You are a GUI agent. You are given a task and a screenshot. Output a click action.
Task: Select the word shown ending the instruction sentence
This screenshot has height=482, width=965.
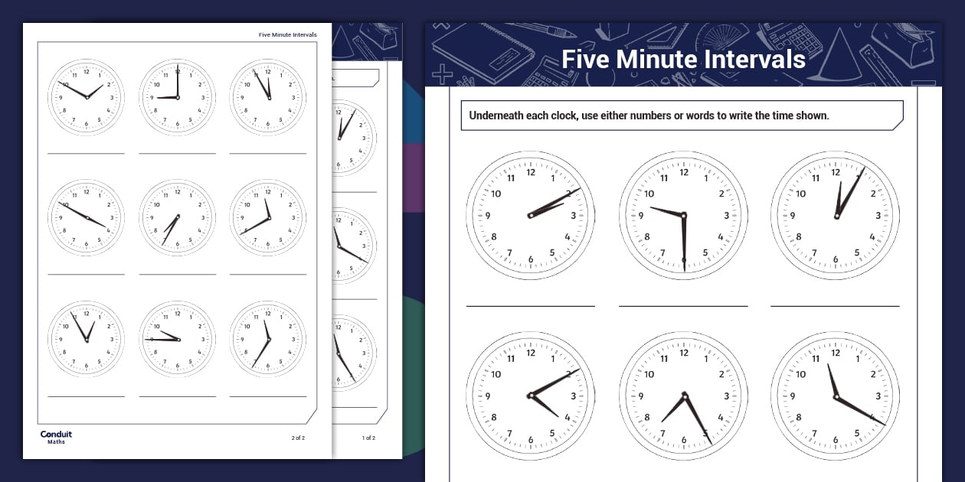pyautogui.click(x=811, y=116)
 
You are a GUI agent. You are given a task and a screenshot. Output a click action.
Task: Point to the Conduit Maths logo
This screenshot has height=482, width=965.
pyautogui.click(x=56, y=437)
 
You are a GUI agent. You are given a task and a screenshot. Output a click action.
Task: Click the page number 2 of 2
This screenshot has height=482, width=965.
pyautogui.click(x=298, y=438)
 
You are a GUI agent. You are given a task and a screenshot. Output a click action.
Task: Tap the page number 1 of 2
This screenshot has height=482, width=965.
pyautogui.click(x=368, y=438)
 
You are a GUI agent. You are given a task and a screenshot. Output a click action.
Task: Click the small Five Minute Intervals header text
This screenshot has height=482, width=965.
pyautogui.click(x=288, y=34)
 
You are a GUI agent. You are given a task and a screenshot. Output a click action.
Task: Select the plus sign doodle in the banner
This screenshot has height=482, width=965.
pyautogui.click(x=443, y=74)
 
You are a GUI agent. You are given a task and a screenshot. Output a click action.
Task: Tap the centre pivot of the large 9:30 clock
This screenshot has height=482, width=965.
pyautogui.click(x=684, y=215)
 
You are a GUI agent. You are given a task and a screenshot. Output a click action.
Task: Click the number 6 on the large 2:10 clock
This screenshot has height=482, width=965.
pyautogui.click(x=531, y=260)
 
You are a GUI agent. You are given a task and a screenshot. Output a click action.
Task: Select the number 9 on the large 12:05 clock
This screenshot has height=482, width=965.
pyautogui.click(x=792, y=216)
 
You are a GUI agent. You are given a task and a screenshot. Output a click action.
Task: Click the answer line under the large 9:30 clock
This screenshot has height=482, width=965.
pyautogui.click(x=683, y=306)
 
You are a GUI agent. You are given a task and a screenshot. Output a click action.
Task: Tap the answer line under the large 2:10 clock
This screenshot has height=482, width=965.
pyautogui.click(x=531, y=306)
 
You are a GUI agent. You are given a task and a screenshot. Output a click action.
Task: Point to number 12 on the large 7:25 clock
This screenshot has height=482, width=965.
pyautogui.click(x=684, y=353)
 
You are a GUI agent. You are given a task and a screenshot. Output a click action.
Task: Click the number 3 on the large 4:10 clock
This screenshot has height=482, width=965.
pyautogui.click(x=574, y=396)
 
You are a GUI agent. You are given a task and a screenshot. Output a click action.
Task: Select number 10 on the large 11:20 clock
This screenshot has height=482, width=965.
pyautogui.click(x=800, y=374)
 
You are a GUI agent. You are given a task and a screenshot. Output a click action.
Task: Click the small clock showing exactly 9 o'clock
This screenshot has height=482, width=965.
pyautogui.click(x=177, y=98)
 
